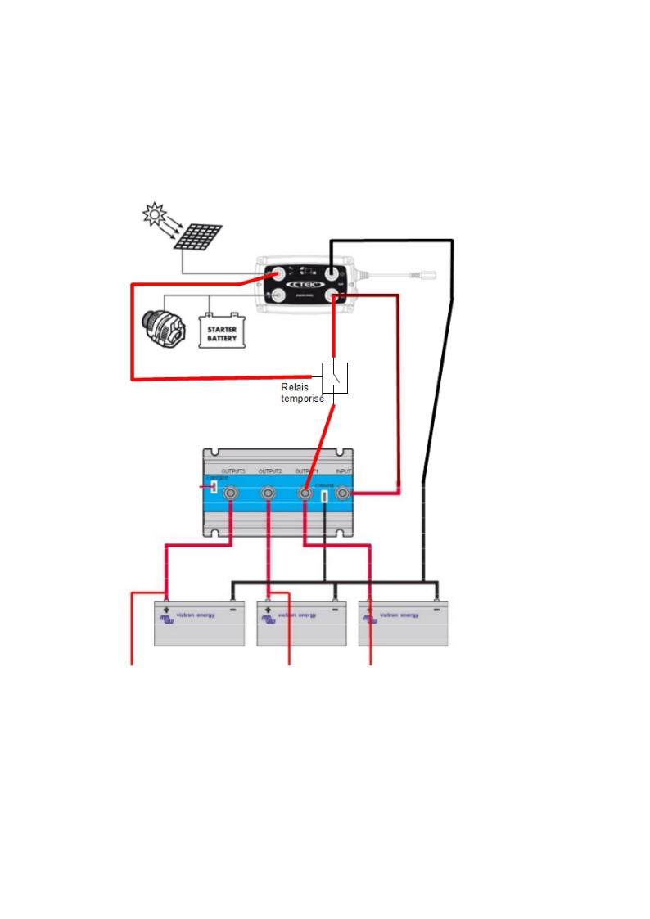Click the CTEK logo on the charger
pyautogui.click(x=305, y=282)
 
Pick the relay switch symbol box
pyautogui.click(x=335, y=378)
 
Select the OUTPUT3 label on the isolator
pyautogui.click(x=233, y=472)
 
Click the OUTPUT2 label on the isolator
pyautogui.click(x=270, y=472)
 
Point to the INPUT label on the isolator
pyautogui.click(x=344, y=472)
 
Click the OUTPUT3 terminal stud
pyautogui.click(x=231, y=493)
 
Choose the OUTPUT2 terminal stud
pyautogui.click(x=268, y=493)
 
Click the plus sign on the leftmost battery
pyautogui.click(x=166, y=610)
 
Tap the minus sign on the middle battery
pyautogui.click(x=335, y=610)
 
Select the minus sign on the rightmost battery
pyautogui.click(x=436, y=610)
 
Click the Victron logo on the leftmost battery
pyautogui.click(x=167, y=619)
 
